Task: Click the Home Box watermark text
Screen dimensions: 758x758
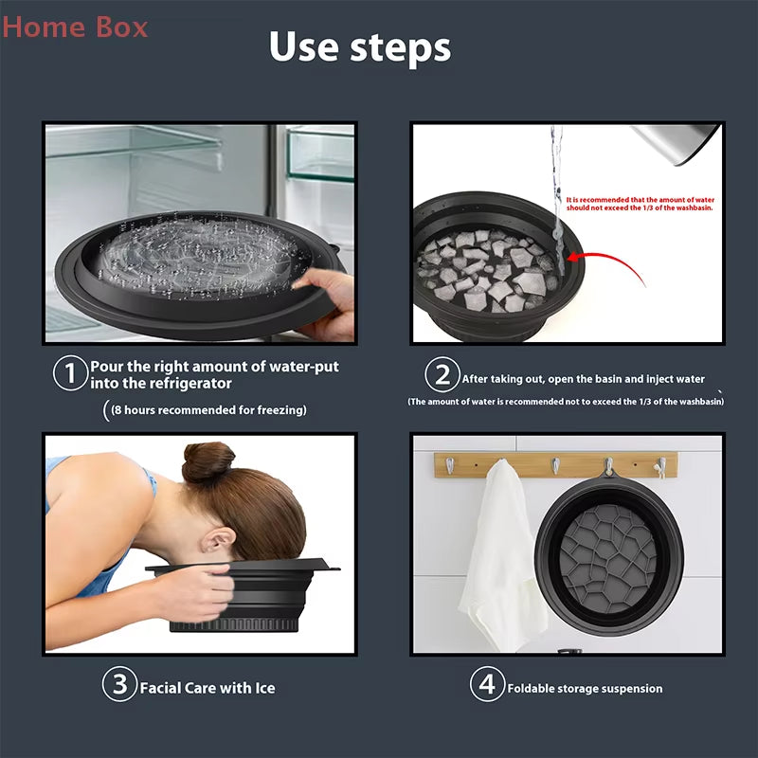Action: [x=75, y=27]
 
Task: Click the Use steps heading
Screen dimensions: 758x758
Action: [x=359, y=46]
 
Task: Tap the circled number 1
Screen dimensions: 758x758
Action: [x=69, y=374]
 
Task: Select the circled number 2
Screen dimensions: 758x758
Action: [x=442, y=376]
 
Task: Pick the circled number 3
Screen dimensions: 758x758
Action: [x=119, y=685]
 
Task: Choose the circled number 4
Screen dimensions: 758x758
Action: [x=486, y=685]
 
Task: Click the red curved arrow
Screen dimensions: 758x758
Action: [x=606, y=261]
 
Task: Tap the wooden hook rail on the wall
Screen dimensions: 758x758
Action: [x=554, y=463]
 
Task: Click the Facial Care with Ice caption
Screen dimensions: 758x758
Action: [x=208, y=687]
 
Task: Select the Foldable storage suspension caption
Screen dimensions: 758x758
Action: [x=585, y=688]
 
